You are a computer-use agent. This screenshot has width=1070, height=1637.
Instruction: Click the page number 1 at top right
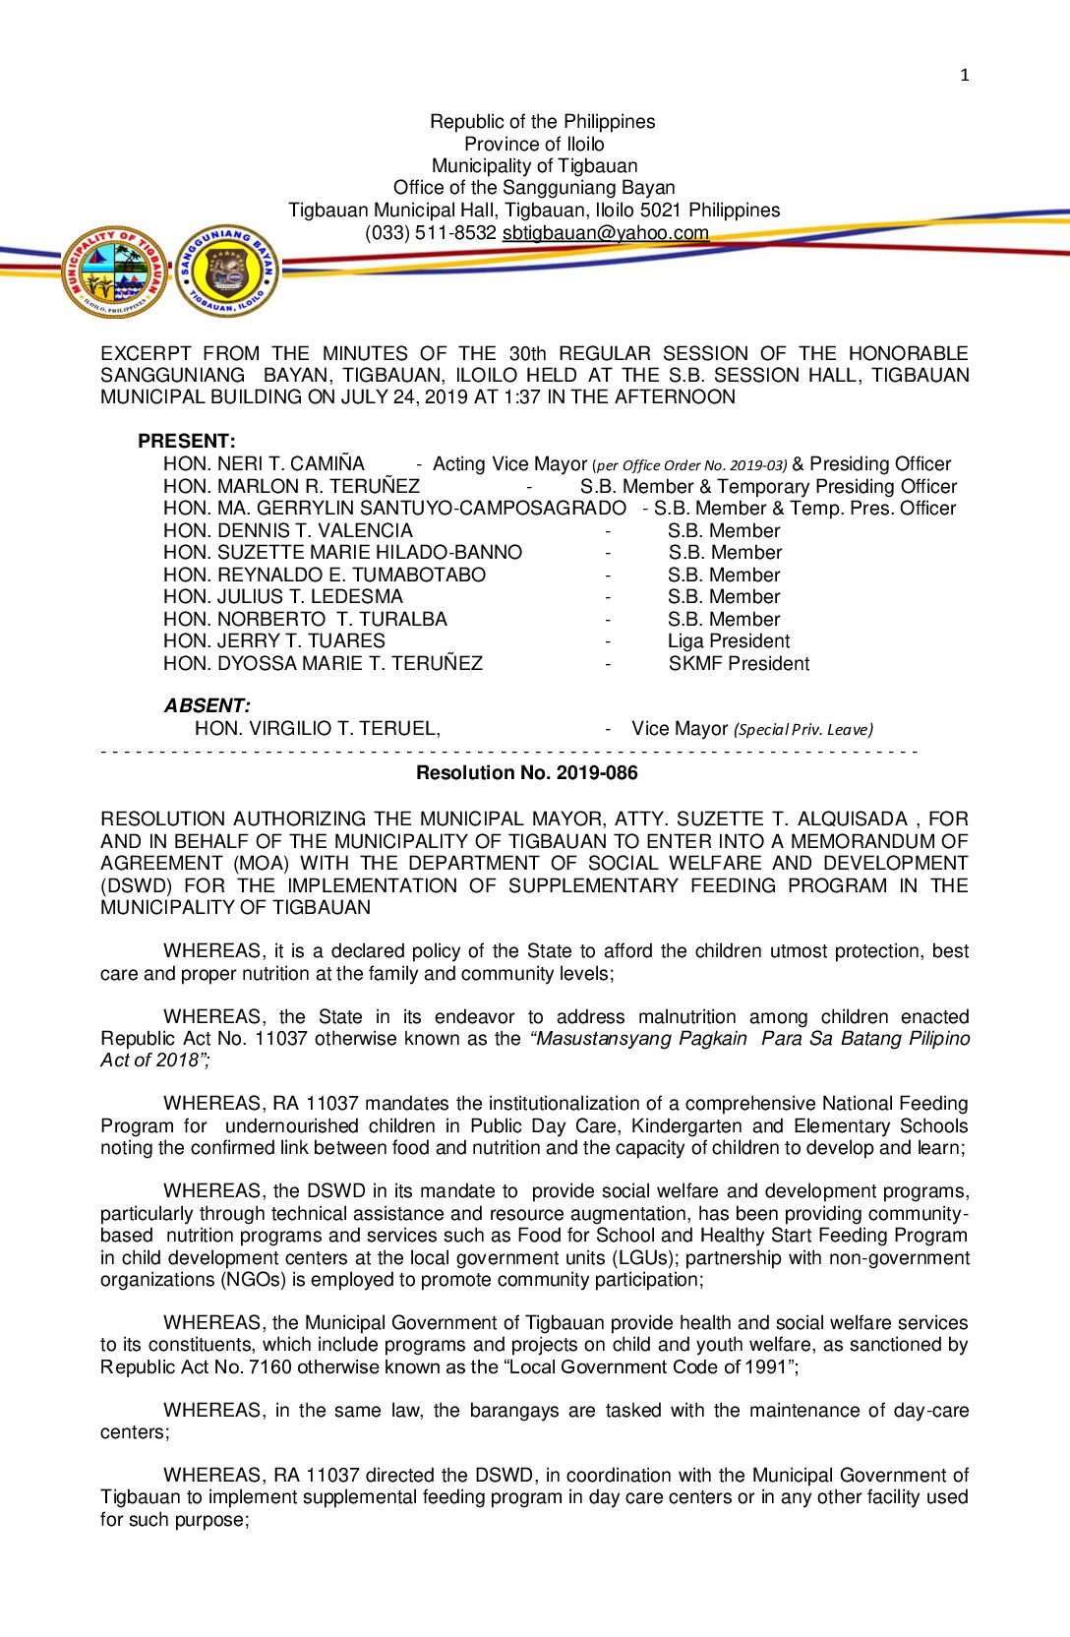tap(965, 75)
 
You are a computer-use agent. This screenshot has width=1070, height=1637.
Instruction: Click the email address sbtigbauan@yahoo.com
tap(606, 233)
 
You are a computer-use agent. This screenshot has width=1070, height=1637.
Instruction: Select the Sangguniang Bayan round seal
tap(227, 271)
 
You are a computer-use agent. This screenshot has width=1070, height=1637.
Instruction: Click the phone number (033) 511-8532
tap(431, 233)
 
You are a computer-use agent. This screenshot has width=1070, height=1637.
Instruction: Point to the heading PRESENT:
tap(187, 441)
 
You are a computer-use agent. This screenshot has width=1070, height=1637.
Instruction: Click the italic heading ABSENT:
tap(207, 705)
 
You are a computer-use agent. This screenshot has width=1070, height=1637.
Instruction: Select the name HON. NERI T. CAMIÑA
tap(264, 463)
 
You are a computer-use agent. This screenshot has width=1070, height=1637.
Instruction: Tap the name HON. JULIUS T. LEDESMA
tap(283, 596)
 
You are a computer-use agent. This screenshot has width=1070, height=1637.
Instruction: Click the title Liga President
tap(729, 640)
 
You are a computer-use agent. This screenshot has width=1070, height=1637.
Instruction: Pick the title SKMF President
tap(739, 663)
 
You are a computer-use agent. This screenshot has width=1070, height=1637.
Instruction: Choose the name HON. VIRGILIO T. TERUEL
tap(317, 728)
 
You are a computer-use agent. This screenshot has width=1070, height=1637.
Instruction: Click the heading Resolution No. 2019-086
tap(527, 772)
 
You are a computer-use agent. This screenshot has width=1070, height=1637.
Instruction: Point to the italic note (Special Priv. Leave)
tap(803, 729)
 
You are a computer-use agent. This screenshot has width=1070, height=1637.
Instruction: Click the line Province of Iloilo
tap(534, 144)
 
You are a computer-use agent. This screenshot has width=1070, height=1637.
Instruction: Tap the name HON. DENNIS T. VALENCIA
tap(288, 530)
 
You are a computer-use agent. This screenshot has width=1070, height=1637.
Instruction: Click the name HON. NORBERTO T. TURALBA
tap(305, 619)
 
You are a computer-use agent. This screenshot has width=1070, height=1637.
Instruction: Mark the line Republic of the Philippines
tap(542, 121)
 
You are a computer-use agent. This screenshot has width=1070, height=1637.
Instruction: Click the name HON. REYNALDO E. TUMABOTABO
tap(325, 575)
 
